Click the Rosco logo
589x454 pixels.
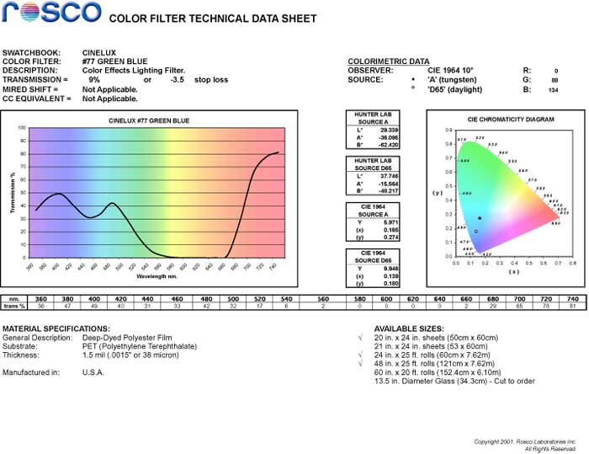(50, 13)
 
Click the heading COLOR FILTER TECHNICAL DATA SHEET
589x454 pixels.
(214, 19)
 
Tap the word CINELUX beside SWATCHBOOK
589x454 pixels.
(99, 52)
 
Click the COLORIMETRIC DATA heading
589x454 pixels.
(388, 61)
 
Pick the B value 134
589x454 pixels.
(553, 88)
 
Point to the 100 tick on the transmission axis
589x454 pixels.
(22, 128)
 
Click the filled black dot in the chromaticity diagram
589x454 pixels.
(480, 218)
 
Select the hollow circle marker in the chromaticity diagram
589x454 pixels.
(475, 231)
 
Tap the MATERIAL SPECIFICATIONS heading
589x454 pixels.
(56, 328)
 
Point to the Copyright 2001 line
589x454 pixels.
(526, 441)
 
